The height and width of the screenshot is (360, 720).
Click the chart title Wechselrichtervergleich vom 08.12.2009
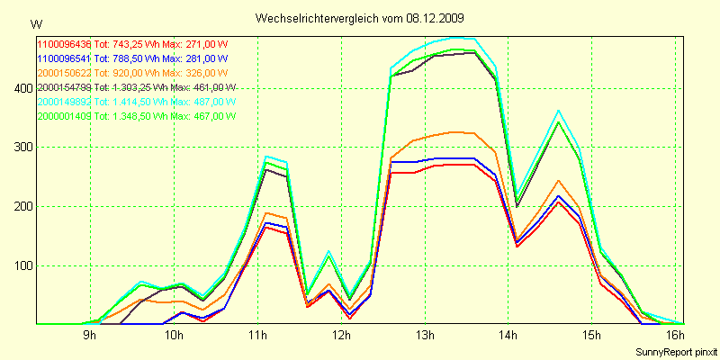point(360,18)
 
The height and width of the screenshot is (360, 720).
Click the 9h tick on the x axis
point(89,336)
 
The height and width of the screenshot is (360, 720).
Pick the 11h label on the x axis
point(257,336)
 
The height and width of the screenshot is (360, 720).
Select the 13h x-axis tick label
point(425,336)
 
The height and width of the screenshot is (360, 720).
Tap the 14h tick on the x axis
point(508,336)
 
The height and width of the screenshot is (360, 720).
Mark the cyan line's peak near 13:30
point(459,39)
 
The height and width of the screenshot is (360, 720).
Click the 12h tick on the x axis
point(341,336)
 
